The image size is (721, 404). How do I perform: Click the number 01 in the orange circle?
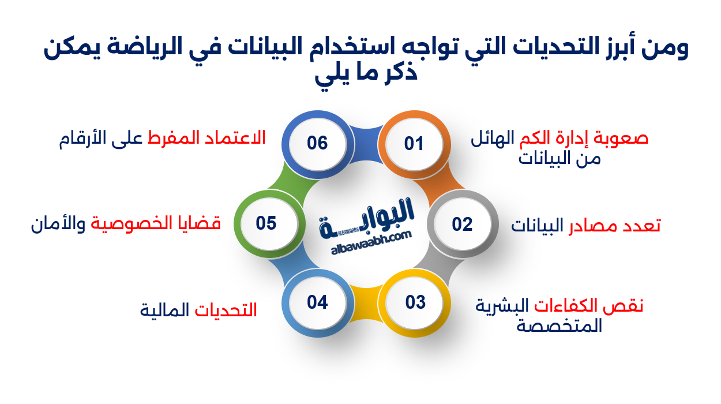coord(414,143)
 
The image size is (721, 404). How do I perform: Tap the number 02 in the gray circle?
coord(462,224)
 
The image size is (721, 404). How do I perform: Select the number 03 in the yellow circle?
coord(415,302)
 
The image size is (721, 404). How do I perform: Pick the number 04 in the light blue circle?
coord(317,302)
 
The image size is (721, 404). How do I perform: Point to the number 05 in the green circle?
coord(266,223)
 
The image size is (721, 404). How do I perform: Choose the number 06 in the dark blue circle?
coord(317,143)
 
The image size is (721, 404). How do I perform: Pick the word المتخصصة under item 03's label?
coord(559,327)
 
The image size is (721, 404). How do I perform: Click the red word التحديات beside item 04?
coord(226,311)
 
